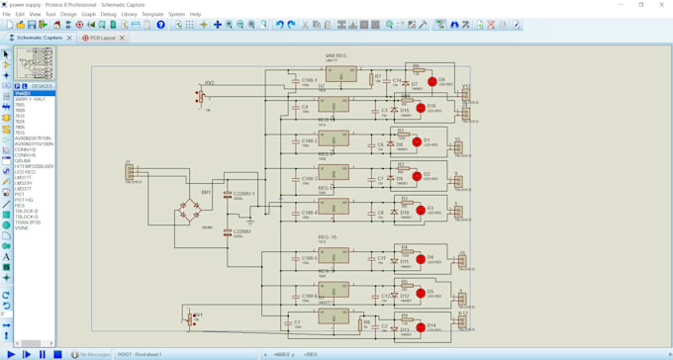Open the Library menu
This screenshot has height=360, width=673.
point(129,15)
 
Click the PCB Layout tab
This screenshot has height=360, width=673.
point(102,38)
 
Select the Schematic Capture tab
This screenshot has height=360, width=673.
point(39,38)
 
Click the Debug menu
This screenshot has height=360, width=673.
point(108,15)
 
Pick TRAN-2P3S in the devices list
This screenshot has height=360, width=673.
point(28,223)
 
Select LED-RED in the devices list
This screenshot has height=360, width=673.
point(26,171)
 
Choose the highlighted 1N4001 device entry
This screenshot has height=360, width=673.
point(24,94)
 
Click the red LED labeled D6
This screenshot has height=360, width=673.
point(432,82)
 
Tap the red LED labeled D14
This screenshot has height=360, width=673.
point(419,326)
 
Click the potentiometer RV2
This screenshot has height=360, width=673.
point(201,97)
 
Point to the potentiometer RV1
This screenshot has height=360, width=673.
point(191,319)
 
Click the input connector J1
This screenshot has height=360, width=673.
point(130,173)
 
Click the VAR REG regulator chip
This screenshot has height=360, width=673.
point(339,73)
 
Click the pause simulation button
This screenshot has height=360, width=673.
point(42,354)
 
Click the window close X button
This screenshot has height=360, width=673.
point(661,5)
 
